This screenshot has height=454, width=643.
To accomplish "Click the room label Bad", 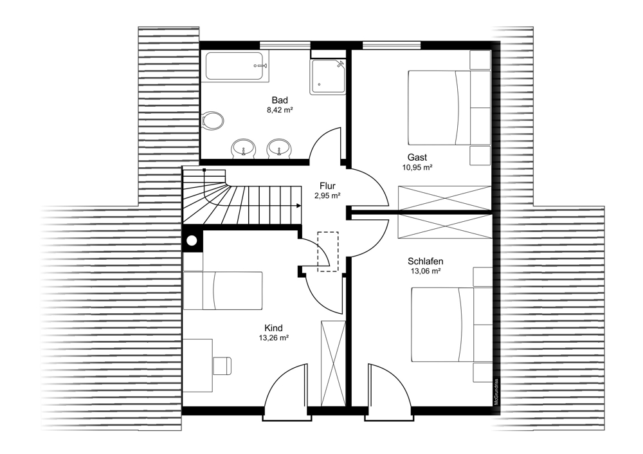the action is coord(280,100).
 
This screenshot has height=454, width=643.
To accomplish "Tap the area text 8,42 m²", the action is coord(280,110).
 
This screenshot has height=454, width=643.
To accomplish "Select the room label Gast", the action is coord(417,157).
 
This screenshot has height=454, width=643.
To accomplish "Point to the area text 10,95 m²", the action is coord(417,167).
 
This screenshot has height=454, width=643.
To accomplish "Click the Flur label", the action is coord(327,186).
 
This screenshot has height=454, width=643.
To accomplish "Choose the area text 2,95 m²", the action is coord(327,196).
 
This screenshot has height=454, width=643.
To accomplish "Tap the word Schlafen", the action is coord(425,261).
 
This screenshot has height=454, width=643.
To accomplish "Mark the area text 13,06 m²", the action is coord(425,271).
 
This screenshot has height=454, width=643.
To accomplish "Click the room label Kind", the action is coord(273,328).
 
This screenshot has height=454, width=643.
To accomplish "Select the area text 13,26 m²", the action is coord(273,338).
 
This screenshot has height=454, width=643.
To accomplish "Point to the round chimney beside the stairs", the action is coord(192,241).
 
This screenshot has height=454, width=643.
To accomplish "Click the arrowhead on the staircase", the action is coord(297,206).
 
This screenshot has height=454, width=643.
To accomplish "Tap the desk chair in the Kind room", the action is coord(222,365).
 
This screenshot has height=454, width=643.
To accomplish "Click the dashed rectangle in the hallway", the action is coord(328,251).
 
